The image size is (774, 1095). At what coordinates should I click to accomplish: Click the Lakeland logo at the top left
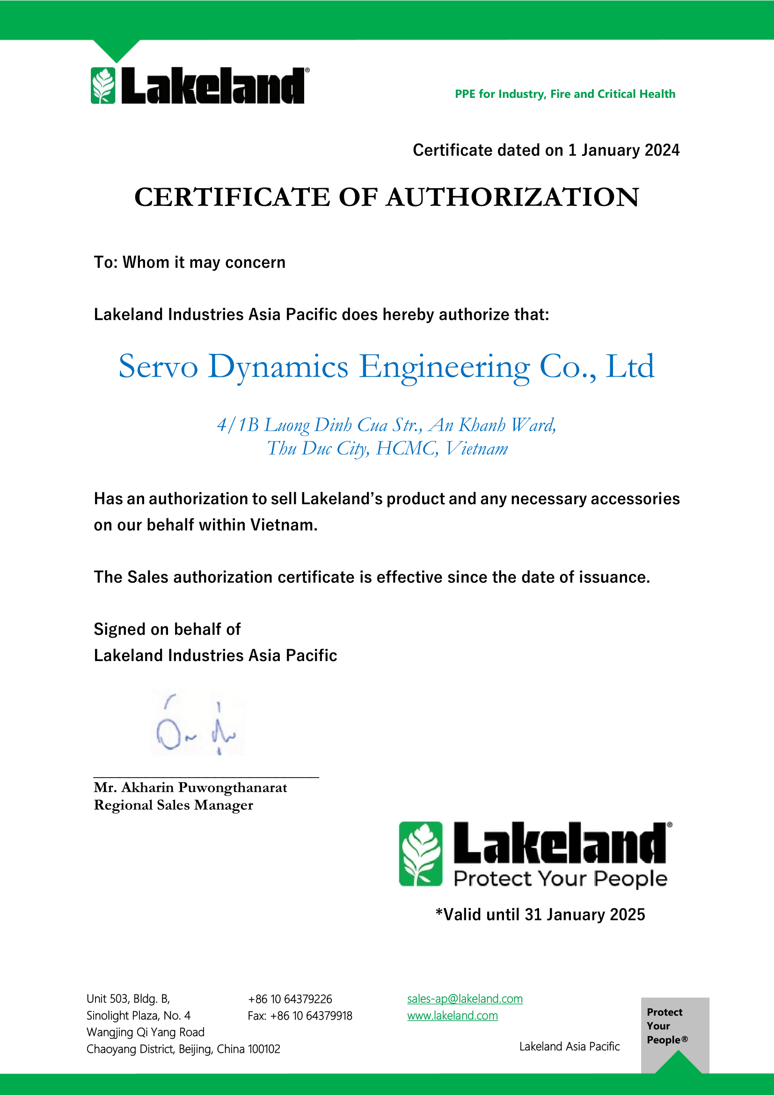pos(199,86)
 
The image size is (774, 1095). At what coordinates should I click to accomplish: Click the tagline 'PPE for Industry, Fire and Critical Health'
pos(565,94)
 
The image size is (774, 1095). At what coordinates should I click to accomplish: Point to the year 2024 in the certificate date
pos(662,150)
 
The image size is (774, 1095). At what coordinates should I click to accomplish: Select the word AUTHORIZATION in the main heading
pos(512,197)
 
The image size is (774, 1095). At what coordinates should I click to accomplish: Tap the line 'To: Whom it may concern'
pos(189,262)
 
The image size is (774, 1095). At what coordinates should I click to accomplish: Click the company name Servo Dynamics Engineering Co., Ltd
pos(386,367)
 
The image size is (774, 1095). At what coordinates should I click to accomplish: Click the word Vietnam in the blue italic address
pos(476,449)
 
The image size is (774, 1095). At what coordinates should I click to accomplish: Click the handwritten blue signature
pos(197,722)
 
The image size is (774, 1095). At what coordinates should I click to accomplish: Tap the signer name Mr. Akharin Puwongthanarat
pos(190,787)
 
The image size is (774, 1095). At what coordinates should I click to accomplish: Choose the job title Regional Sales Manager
pos(173,805)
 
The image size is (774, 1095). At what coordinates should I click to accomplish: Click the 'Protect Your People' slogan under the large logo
pos(560,878)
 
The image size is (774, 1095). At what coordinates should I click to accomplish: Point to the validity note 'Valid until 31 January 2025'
pos(540,914)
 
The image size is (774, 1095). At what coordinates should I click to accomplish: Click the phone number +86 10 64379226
pos(290,999)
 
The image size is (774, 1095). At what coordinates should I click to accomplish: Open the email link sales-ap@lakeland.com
pos(465,999)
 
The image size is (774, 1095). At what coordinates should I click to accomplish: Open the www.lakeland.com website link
pos(453,1016)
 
